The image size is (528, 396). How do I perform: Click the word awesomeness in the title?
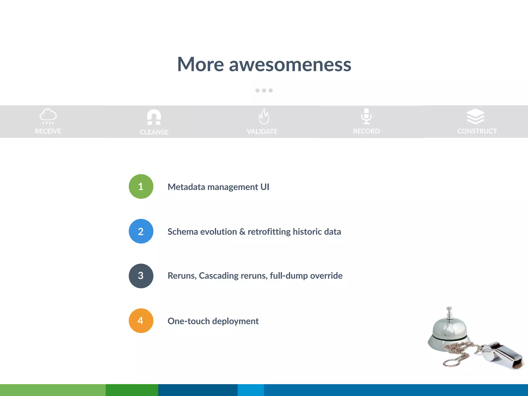point(290,64)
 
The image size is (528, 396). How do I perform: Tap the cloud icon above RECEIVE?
point(48,115)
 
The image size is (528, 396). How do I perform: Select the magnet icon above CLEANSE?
point(154,117)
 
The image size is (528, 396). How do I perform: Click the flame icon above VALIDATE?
point(264,117)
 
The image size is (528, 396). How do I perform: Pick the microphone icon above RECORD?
point(366,116)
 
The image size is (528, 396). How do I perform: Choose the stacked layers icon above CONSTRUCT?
point(475,116)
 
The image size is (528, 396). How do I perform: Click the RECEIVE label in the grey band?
point(48,131)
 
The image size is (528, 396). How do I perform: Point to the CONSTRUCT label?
point(477,131)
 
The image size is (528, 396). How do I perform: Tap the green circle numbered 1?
point(141,186)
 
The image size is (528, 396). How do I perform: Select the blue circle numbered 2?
point(141,231)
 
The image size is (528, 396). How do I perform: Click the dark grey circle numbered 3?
point(141,276)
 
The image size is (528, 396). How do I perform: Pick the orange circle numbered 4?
point(141,321)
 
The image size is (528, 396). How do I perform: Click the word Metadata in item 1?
point(186,187)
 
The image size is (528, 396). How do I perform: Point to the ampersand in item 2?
point(242,232)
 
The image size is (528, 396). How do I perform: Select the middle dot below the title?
point(264,90)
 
